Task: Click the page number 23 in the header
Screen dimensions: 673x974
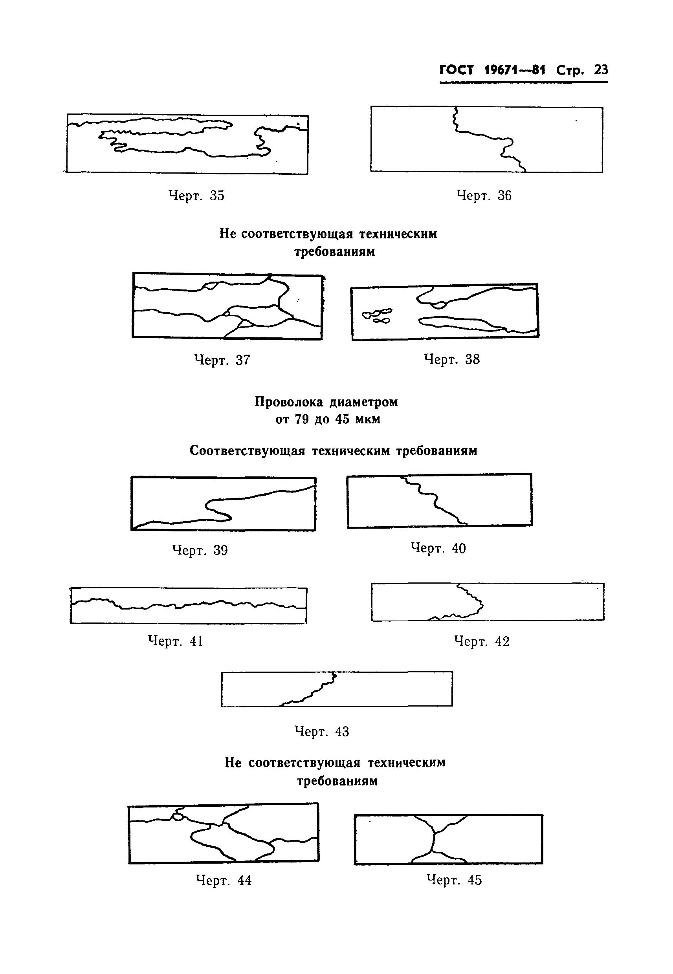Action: click(x=601, y=70)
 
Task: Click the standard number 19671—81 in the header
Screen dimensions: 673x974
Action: click(x=514, y=70)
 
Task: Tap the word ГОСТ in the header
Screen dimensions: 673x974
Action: click(x=457, y=70)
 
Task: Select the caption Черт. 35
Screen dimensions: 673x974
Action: click(x=196, y=196)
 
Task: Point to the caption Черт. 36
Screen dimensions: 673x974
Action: click(x=484, y=196)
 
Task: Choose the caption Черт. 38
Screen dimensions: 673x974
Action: click(x=452, y=359)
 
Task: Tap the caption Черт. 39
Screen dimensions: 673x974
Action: click(x=200, y=550)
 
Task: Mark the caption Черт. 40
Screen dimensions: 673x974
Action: click(x=438, y=548)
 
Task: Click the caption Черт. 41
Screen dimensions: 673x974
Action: click(x=175, y=641)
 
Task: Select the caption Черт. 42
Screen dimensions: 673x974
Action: click(x=482, y=641)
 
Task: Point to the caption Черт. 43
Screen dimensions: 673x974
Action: click(x=322, y=731)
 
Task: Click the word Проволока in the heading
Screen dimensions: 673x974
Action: click(x=289, y=402)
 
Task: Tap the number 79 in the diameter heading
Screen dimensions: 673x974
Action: click(x=302, y=420)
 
